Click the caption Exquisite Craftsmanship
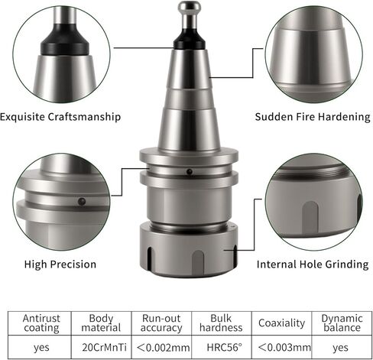pyautogui.click(x=60, y=117)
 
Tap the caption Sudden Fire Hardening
pyautogui.click(x=313, y=117)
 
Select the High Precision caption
pyautogui.click(x=60, y=264)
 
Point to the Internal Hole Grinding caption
pyautogui.click(x=313, y=264)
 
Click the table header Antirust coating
pyautogui.click(x=41, y=323)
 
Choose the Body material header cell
pyautogui.click(x=101, y=323)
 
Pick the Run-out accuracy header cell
pyautogui.click(x=161, y=323)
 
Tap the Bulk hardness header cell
pyautogui.click(x=221, y=323)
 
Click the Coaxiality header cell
pyautogui.click(x=281, y=323)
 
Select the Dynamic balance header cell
pyautogui.click(x=342, y=323)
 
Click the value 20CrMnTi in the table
pyautogui.click(x=104, y=347)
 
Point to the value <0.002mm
pyautogui.click(x=164, y=347)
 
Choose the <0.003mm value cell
pyautogui.click(x=284, y=347)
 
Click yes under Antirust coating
pyautogui.click(x=41, y=348)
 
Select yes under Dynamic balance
pyautogui.click(x=340, y=348)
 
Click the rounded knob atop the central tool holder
pyautogui.click(x=190, y=7)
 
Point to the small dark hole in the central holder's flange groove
pyautogui.click(x=189, y=172)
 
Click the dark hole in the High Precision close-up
pyautogui.click(x=82, y=202)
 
